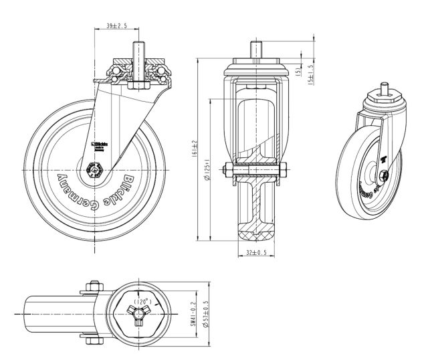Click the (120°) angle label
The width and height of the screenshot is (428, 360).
(x=141, y=302)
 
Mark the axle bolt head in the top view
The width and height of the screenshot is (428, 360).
(x=92, y=289)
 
